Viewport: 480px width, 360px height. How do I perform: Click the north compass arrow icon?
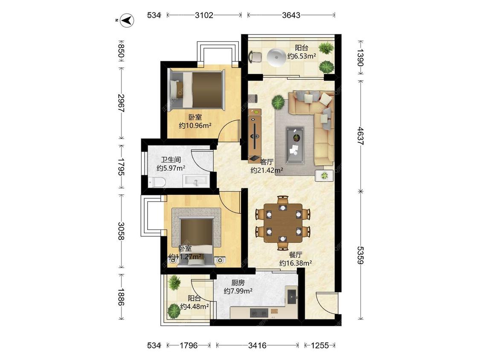click(x=127, y=20)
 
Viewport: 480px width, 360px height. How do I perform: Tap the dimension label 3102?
click(x=204, y=15)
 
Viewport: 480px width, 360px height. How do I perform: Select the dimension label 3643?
click(x=291, y=15)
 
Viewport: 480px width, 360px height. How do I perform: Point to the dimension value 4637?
click(x=361, y=136)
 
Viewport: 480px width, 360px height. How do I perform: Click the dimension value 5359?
click(x=361, y=255)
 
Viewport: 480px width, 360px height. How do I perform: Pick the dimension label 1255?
click(x=320, y=345)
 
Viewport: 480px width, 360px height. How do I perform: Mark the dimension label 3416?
click(x=257, y=345)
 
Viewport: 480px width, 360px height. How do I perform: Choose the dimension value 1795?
click(x=121, y=167)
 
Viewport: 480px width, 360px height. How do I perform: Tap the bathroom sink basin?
click(x=196, y=181)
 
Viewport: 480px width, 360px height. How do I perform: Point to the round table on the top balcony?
click(x=276, y=57)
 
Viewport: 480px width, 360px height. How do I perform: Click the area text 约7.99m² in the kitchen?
click(x=238, y=291)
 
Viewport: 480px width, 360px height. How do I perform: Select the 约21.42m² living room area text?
click(x=267, y=171)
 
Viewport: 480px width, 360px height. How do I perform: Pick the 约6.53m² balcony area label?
click(x=302, y=56)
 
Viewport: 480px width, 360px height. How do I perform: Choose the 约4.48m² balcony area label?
click(x=195, y=306)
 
